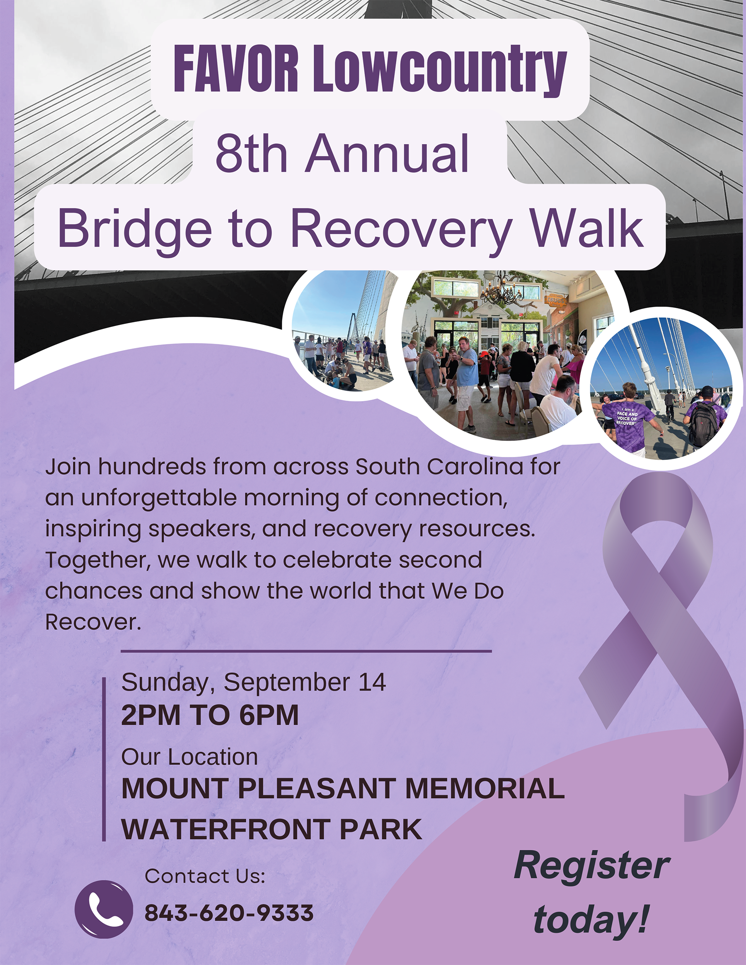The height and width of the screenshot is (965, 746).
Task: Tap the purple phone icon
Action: (x=104, y=909)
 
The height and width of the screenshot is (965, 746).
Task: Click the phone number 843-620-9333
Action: (x=229, y=913)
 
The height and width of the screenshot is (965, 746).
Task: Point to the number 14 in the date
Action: (x=372, y=682)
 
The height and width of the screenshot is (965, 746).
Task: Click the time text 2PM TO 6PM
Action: (x=210, y=715)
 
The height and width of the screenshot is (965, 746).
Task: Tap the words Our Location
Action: (x=189, y=757)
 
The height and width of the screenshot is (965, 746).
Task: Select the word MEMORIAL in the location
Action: (x=485, y=788)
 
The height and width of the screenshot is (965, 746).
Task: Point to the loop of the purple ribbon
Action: (x=657, y=526)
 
